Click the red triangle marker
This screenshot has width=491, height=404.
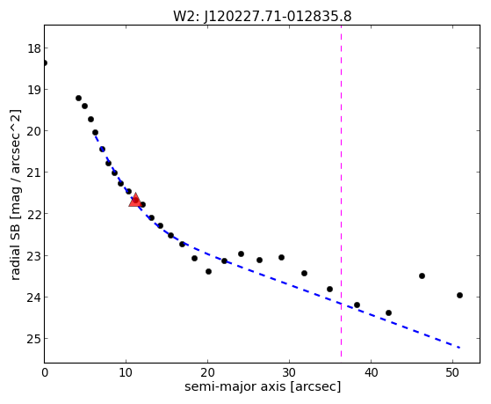pyautogui.click(x=135, y=201)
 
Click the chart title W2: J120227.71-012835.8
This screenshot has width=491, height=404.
pyautogui.click(x=263, y=16)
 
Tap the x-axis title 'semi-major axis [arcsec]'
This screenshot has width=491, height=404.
pyautogui.click(x=263, y=386)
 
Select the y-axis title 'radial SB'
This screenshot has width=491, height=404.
pyautogui.click(x=15, y=250)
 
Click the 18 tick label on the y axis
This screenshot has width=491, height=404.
pyautogui.click(x=33, y=48)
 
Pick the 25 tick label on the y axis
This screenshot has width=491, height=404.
pyautogui.click(x=33, y=339)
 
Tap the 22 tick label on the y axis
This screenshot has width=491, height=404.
pyautogui.click(x=33, y=214)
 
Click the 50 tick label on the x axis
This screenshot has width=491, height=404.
pyautogui.click(x=452, y=372)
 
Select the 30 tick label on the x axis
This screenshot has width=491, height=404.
pyautogui.click(x=289, y=372)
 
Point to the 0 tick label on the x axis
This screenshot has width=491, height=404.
pyautogui.click(x=45, y=372)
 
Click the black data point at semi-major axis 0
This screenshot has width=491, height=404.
pyautogui.click(x=45, y=63)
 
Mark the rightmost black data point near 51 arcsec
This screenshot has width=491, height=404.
pyautogui.click(x=459, y=296)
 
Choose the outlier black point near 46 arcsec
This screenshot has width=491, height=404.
pyautogui.click(x=422, y=275)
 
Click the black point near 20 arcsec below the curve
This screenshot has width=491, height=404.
pyautogui.click(x=208, y=271)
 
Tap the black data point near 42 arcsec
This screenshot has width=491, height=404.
pyautogui.click(x=388, y=313)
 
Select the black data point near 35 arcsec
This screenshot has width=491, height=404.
pyautogui.click(x=329, y=289)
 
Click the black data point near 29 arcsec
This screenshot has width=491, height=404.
pyautogui.click(x=281, y=257)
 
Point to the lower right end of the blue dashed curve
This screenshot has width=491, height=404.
pyautogui.click(x=459, y=348)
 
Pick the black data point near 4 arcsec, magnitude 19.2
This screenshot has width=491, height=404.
pyautogui.click(x=78, y=99)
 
